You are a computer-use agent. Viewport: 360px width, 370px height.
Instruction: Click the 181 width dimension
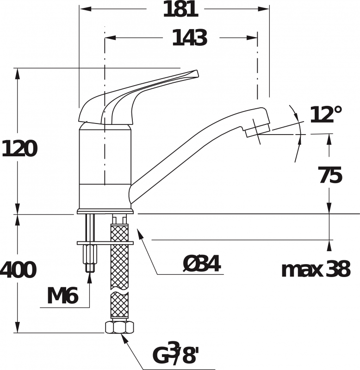[x=180, y=9]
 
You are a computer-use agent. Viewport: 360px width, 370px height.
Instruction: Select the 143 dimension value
[x=190, y=38]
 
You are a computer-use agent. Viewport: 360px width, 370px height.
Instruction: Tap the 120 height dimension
[x=19, y=148]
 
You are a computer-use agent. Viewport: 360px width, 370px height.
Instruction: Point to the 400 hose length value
[x=19, y=270]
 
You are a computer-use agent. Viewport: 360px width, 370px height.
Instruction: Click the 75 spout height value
[x=330, y=175]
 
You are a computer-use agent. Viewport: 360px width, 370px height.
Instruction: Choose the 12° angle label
[x=326, y=115]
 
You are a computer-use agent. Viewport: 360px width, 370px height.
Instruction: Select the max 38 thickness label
[x=316, y=269]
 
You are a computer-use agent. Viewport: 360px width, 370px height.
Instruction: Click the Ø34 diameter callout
[x=202, y=264]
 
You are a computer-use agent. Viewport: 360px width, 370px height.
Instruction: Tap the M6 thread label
[x=62, y=296]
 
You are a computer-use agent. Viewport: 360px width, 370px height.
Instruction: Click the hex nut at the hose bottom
[x=119, y=327]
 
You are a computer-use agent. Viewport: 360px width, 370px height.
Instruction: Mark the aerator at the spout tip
[x=258, y=130]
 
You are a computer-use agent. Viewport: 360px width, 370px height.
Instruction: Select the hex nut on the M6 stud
[x=91, y=254]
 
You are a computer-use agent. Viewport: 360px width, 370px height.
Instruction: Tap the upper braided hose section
[x=119, y=257]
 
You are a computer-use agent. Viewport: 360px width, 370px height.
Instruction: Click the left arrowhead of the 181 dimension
[x=86, y=9]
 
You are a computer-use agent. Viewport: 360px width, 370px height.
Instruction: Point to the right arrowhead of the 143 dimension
[x=252, y=37]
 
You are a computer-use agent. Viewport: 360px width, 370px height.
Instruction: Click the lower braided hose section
[x=119, y=305]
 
